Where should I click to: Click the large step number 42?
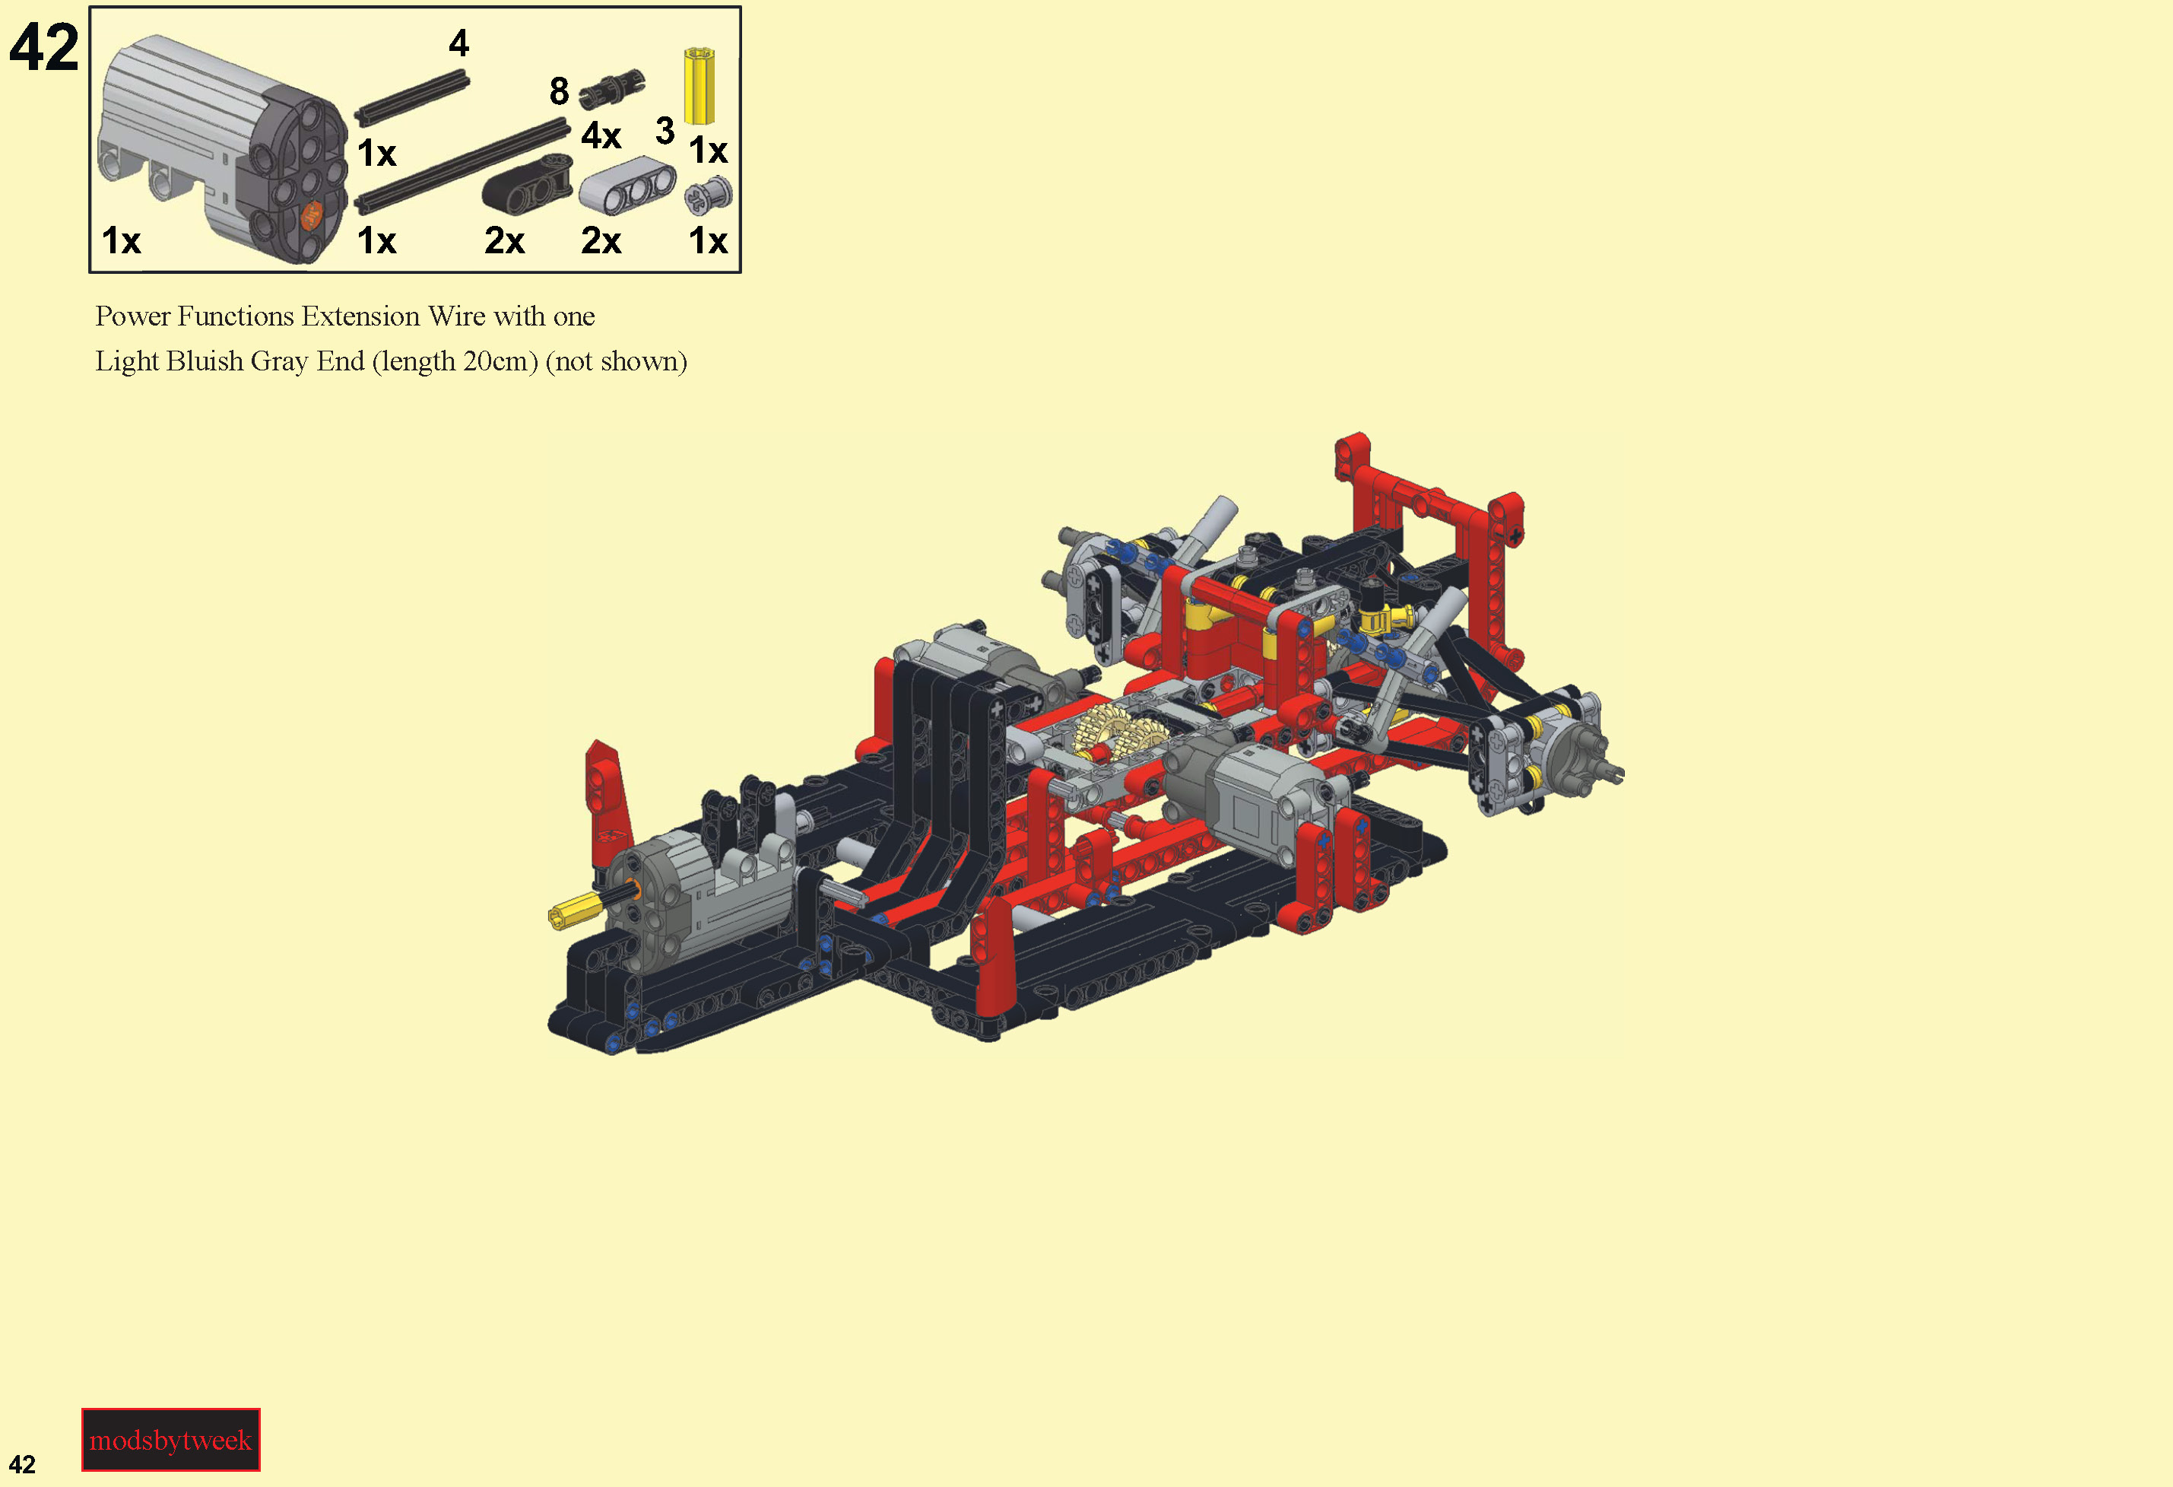tap(44, 48)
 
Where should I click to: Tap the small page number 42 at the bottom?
tap(23, 1464)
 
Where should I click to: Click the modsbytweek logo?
tap(171, 1439)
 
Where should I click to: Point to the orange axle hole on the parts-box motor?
tap(312, 216)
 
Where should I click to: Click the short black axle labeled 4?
tap(411, 99)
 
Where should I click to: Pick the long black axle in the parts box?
tap(462, 166)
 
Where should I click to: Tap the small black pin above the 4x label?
tap(611, 89)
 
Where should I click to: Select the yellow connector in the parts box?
tap(699, 86)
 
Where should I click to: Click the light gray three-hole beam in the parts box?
tap(627, 186)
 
